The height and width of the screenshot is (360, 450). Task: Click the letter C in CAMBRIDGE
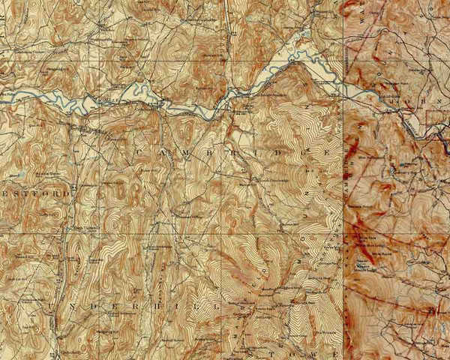pos(139,152)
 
